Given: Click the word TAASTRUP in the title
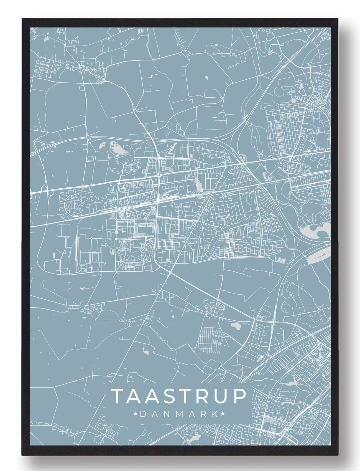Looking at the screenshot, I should (x=179, y=396).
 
